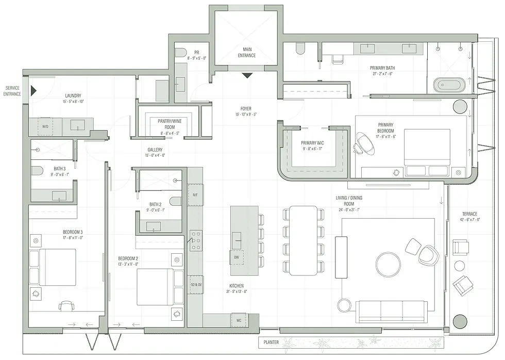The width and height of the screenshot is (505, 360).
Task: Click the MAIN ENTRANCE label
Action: (x=246, y=53)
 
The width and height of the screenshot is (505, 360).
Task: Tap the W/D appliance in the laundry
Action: (x=45, y=126)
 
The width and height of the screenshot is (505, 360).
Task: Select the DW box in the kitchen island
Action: (x=237, y=257)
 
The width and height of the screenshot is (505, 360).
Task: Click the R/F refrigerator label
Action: (x=195, y=195)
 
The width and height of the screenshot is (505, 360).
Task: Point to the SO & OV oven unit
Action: (x=195, y=284)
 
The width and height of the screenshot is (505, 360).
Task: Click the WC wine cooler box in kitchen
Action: (x=239, y=320)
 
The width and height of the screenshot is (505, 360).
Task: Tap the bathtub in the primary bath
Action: (x=448, y=85)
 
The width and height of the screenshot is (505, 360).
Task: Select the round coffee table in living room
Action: (x=388, y=264)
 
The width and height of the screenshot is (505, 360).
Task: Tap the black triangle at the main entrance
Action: (x=247, y=75)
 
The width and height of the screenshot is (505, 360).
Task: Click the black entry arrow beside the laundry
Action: (x=33, y=91)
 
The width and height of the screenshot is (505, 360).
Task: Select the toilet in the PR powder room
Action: (x=180, y=53)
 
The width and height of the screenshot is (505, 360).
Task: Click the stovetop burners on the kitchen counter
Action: (x=195, y=240)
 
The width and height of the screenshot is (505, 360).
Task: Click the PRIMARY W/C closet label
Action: (x=312, y=146)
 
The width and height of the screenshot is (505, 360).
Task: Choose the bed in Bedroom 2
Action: (x=155, y=287)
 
